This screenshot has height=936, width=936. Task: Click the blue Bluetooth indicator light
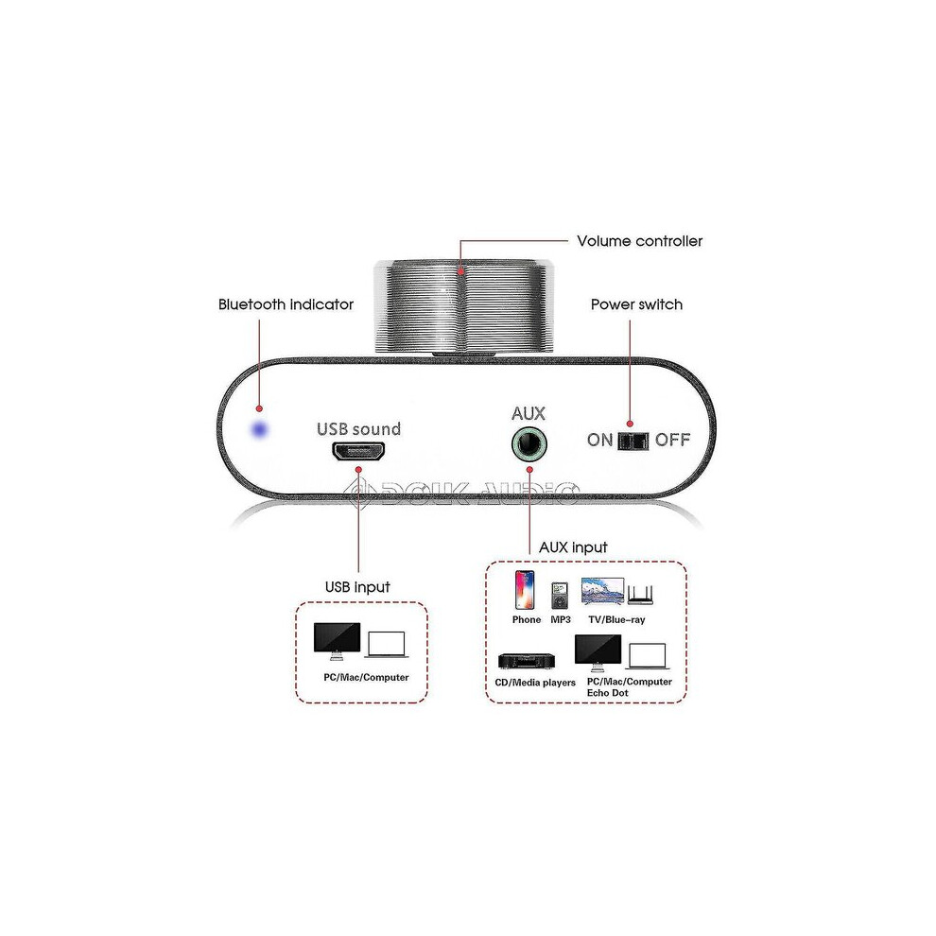point(260,429)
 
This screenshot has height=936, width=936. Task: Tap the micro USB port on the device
point(358,451)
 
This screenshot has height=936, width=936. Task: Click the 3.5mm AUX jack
point(529,444)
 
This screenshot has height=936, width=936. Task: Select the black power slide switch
point(633,441)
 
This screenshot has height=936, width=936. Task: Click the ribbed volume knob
point(463,307)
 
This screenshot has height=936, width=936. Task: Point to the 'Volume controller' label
point(639,241)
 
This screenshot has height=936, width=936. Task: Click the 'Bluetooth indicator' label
point(286,304)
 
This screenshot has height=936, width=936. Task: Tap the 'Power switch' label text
point(636,304)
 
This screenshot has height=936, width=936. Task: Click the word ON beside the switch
point(600,440)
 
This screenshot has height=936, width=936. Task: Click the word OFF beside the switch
point(672,440)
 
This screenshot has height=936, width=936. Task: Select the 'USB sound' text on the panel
point(358,428)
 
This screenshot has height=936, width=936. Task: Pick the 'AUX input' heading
point(573,547)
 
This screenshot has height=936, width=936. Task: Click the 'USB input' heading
point(357,587)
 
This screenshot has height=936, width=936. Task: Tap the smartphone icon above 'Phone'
point(525,590)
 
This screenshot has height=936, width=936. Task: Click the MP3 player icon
point(560,595)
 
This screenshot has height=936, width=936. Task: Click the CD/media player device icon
point(527,661)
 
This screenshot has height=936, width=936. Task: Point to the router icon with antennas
point(640,595)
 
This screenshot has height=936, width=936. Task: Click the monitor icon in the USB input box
point(338,641)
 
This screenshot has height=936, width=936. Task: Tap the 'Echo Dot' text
point(608,693)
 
